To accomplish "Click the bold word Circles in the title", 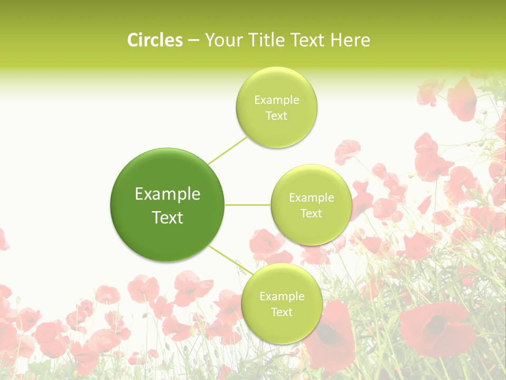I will tap(154, 40).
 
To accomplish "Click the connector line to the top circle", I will tap(228, 150).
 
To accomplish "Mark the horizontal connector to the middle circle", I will tap(248, 205).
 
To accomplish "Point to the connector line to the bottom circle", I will tap(230, 260).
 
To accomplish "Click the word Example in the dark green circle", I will tap(167, 194).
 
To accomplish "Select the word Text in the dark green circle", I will tap(167, 217).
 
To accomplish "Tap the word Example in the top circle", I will tap(276, 100).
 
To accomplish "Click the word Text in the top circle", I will tap(276, 116).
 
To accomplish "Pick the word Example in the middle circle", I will tap(311, 198).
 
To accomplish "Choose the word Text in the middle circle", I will tap(311, 214).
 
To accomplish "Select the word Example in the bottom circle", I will tap(281, 297).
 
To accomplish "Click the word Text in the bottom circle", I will tap(281, 312).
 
